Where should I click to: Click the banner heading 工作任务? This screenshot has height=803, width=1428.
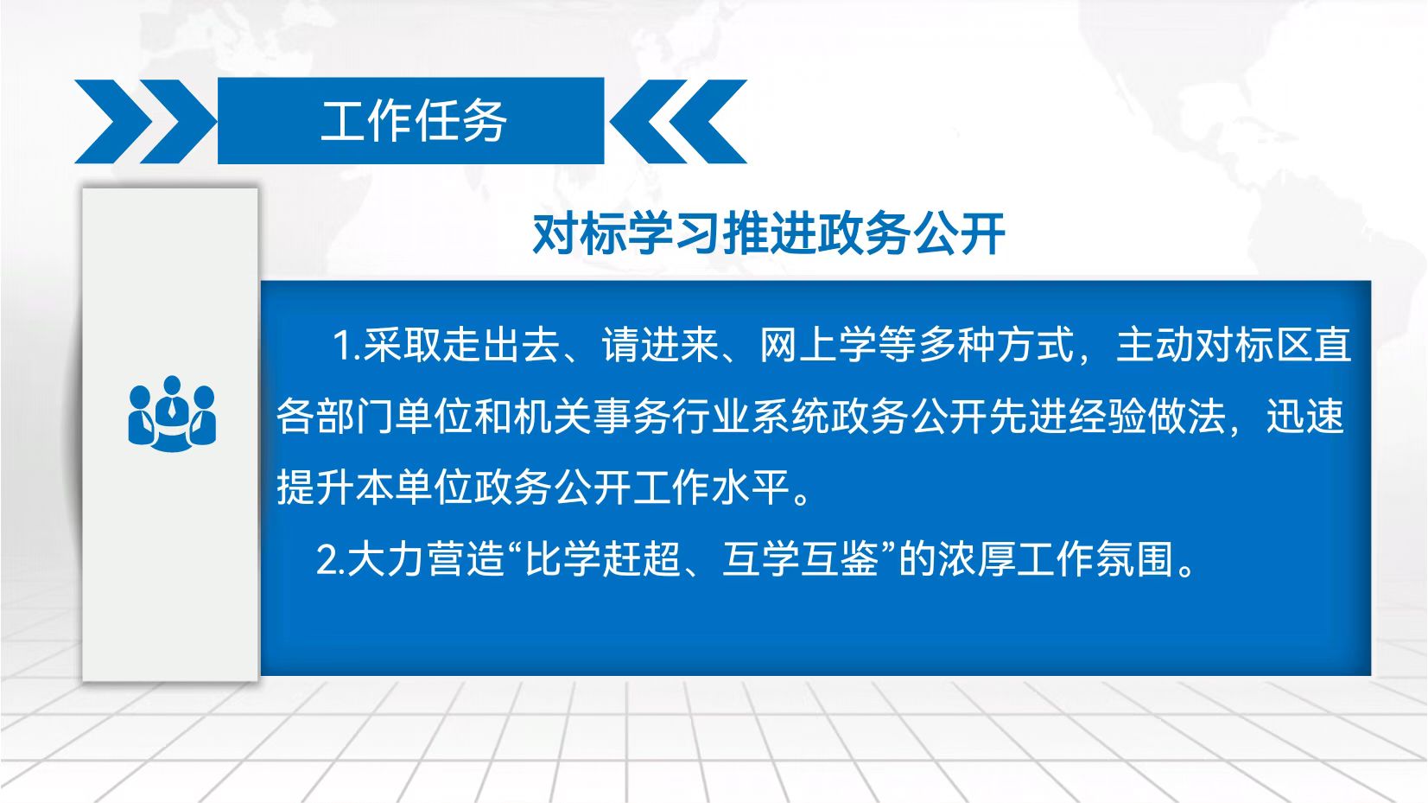click(413, 121)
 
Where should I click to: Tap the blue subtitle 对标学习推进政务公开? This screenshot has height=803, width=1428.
click(769, 233)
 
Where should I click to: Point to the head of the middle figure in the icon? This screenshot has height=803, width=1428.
click(172, 386)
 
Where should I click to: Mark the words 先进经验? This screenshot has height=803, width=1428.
click(1069, 417)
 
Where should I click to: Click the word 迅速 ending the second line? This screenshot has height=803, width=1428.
click(1305, 417)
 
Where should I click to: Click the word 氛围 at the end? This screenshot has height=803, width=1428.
click(1135, 559)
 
